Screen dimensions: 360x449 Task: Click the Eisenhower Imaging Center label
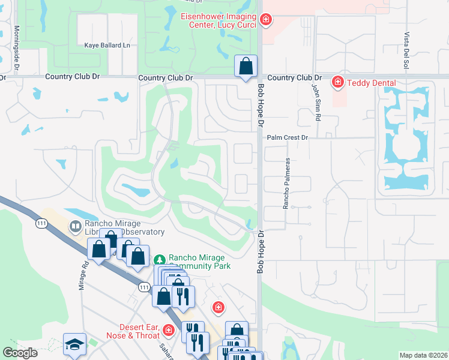tap(218, 21)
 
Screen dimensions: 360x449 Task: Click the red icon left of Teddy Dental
tap(338, 82)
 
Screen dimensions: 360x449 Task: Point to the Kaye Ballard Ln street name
tap(107, 45)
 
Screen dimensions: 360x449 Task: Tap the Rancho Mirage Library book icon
tap(76, 227)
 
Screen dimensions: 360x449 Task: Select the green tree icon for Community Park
tap(159, 260)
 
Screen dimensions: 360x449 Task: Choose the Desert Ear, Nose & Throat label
tap(131, 331)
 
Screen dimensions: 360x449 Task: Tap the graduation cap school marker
tap(74, 344)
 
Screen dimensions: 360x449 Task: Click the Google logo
tap(20, 353)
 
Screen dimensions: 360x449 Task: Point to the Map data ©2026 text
tap(423, 355)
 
